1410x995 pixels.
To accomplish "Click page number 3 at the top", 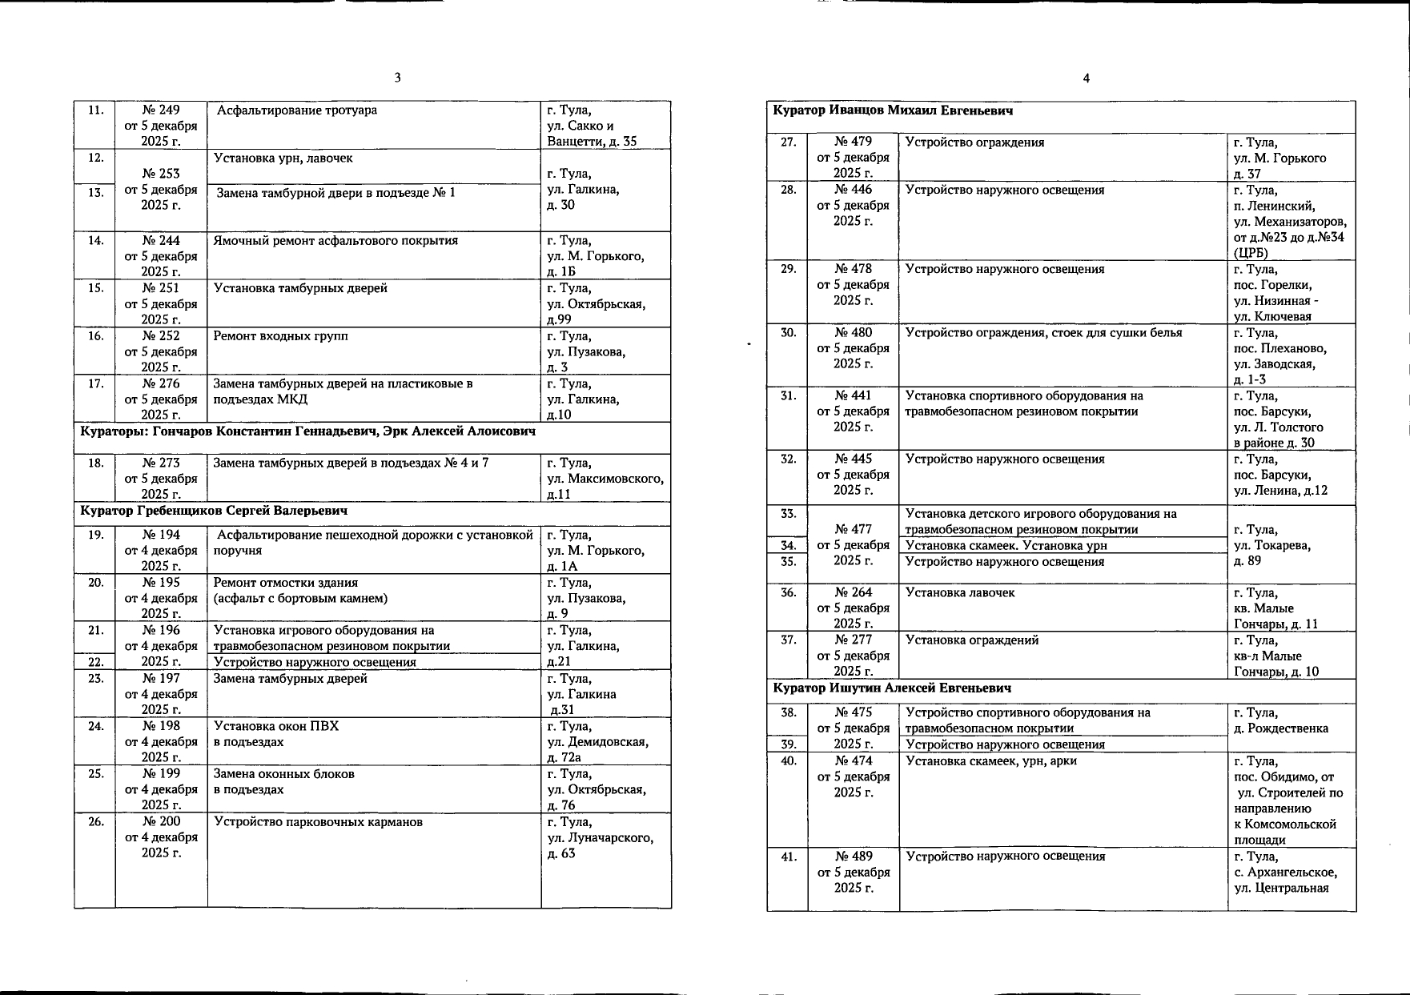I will click(x=397, y=78).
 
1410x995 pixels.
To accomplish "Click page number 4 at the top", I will click(x=1086, y=78).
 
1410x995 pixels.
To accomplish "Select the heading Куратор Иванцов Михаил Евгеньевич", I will click(x=893, y=110).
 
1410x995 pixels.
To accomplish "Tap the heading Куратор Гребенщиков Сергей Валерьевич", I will click(x=214, y=511).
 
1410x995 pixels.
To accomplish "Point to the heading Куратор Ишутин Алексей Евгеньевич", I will click(x=892, y=688).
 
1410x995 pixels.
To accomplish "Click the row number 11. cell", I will click(x=96, y=110).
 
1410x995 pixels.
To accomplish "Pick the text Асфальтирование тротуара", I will click(x=297, y=110).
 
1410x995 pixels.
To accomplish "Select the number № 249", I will click(x=161, y=110).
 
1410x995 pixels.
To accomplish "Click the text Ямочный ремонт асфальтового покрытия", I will click(x=335, y=241).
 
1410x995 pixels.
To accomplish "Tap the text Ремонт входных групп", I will click(x=280, y=336).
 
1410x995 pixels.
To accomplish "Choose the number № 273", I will click(x=161, y=463).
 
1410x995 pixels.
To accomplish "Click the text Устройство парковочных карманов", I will click(x=318, y=822).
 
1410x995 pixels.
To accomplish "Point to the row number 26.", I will click(x=96, y=822).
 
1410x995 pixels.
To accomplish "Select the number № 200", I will click(x=161, y=822).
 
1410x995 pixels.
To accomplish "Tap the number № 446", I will click(x=853, y=190).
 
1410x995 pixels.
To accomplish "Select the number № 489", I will click(x=854, y=857).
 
